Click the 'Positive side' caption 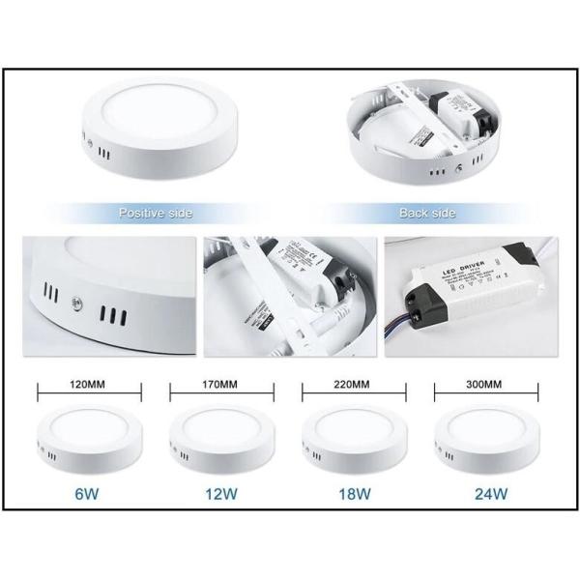point(156,211)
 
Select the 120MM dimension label point(88,384)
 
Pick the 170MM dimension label point(221,384)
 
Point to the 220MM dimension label point(353,384)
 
